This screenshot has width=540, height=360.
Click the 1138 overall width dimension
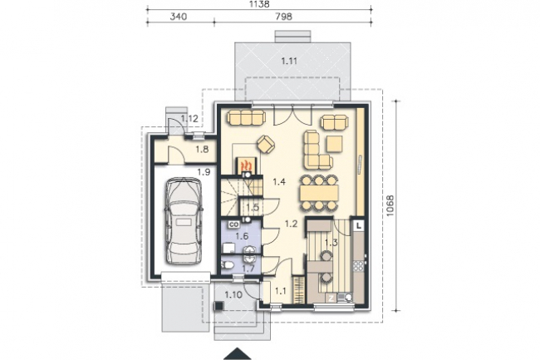point(259,4)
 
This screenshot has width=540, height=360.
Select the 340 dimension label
point(179,17)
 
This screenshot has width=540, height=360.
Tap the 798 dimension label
point(284,17)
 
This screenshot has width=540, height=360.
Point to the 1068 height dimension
point(390,206)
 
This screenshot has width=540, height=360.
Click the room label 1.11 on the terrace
point(289,62)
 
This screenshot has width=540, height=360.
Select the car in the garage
point(184,221)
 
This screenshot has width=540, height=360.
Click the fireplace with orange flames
point(246,165)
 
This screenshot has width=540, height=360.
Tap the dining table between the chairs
point(319,193)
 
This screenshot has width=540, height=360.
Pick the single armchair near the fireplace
point(266,143)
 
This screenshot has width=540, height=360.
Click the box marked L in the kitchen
point(359,225)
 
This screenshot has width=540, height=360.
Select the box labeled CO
point(234,224)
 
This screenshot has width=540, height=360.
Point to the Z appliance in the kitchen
point(331,298)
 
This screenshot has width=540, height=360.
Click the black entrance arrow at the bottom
point(238,354)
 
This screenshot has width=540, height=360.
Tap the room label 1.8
point(202,150)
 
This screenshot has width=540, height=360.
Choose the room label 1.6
point(242,236)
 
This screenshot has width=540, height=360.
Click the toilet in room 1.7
point(228,265)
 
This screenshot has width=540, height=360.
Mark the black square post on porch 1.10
point(218,306)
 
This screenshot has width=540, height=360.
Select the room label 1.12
point(190,119)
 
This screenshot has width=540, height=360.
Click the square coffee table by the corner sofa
point(335,144)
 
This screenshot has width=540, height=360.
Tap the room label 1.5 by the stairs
point(253,207)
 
